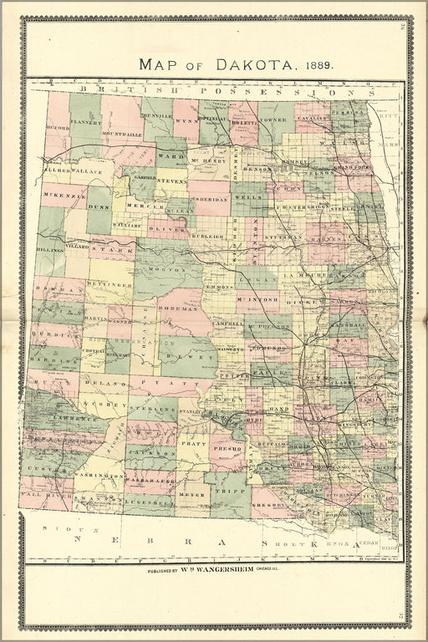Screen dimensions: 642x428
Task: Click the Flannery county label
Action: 85,122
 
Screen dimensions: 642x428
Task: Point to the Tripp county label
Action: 229,492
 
